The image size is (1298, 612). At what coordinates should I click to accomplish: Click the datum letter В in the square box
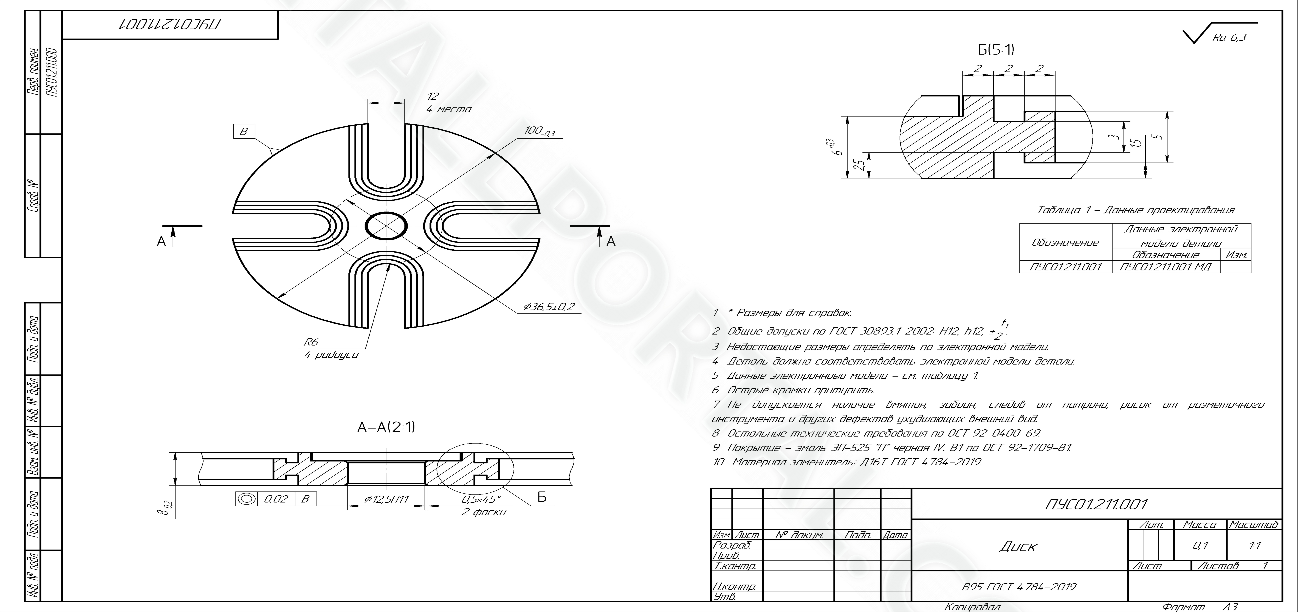click(x=244, y=132)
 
